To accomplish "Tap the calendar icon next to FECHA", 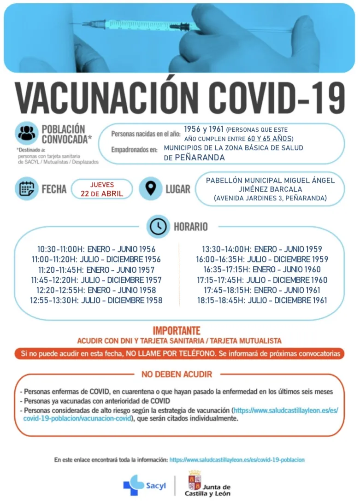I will click(26, 189).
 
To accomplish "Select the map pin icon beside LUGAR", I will click(150, 189).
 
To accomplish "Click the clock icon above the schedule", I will click(158, 226).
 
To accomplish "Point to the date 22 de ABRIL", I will click(102, 193).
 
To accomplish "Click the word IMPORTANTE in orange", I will click(177, 331).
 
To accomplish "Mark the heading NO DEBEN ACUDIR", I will click(177, 374).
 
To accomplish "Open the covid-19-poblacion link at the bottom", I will click(237, 460).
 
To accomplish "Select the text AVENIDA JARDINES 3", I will click(248, 199).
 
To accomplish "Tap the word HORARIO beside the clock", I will click(190, 227).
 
